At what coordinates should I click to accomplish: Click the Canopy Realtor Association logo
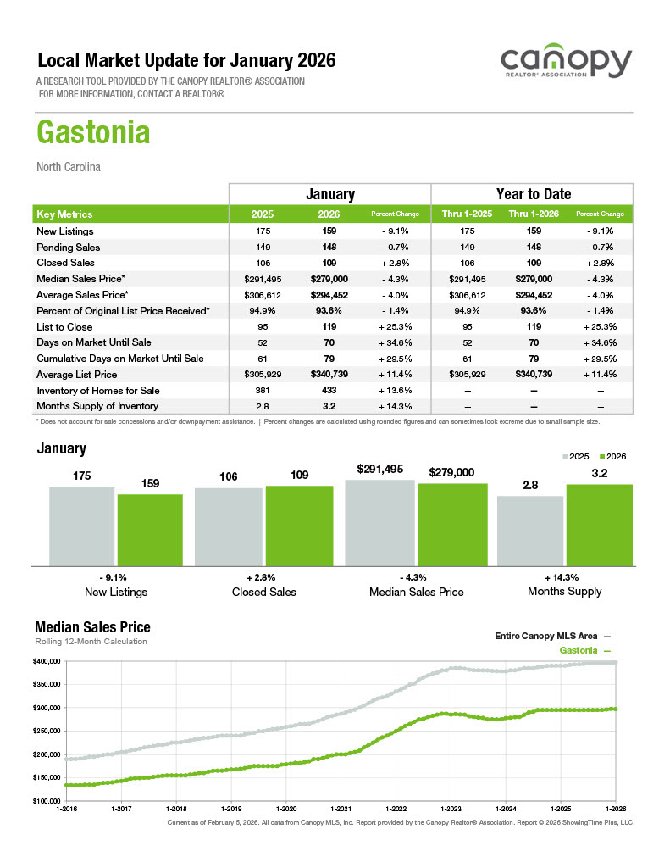(566, 64)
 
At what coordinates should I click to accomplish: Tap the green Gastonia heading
(93, 133)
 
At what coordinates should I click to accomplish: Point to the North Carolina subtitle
(69, 167)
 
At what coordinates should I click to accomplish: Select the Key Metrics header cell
(65, 214)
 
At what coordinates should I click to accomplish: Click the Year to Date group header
(533, 194)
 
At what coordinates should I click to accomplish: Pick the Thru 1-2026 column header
(533, 214)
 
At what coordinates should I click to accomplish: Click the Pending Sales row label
(69, 248)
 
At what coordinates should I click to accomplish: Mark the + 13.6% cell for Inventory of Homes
(396, 390)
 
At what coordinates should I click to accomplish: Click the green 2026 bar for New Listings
(150, 529)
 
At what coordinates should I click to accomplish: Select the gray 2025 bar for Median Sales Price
(379, 522)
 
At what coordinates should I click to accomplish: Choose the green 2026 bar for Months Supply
(599, 524)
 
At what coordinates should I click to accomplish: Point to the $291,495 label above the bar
(379, 468)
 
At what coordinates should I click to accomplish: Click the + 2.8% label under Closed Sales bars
(263, 576)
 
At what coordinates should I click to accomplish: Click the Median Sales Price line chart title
(92, 627)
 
